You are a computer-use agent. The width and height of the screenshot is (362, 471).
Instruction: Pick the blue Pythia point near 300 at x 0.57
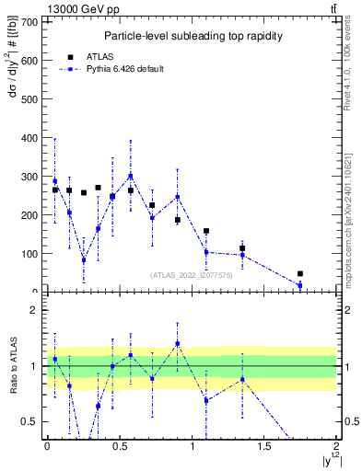tap(131, 176)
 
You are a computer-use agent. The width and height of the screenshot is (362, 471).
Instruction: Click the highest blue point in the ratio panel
tap(178, 344)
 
